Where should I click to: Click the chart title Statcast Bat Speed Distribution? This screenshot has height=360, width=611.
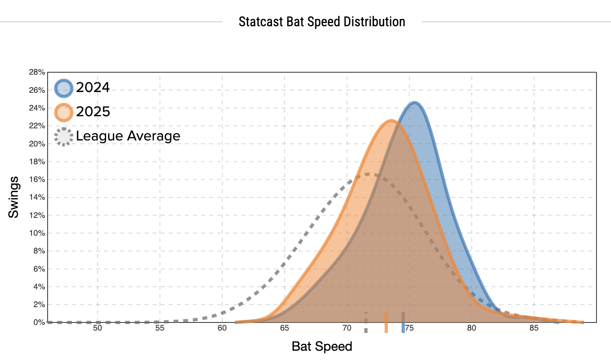(x=322, y=22)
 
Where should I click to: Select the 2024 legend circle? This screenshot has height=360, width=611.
(x=64, y=88)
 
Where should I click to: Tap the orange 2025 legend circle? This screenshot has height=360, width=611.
(x=64, y=112)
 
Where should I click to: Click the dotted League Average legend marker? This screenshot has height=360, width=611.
(x=64, y=136)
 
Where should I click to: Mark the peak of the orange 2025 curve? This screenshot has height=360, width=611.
(x=391, y=120)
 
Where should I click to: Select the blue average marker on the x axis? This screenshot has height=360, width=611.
(x=403, y=322)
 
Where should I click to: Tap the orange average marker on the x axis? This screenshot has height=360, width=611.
(x=386, y=322)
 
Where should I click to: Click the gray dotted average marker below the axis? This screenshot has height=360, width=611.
(x=366, y=322)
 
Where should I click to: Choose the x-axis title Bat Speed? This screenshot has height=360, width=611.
(x=322, y=346)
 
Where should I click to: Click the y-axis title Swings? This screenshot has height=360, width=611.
(x=14, y=197)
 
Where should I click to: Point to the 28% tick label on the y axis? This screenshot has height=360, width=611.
(x=37, y=72)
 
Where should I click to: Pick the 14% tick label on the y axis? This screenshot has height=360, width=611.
(x=37, y=197)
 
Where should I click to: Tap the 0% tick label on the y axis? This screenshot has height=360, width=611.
(x=39, y=322)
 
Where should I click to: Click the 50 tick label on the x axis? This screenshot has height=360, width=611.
(x=98, y=328)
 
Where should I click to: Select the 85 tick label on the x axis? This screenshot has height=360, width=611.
(x=534, y=328)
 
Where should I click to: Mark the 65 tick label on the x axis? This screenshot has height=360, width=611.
(x=285, y=328)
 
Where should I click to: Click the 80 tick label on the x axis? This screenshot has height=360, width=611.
(x=471, y=328)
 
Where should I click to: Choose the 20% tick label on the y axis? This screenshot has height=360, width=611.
(x=37, y=144)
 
